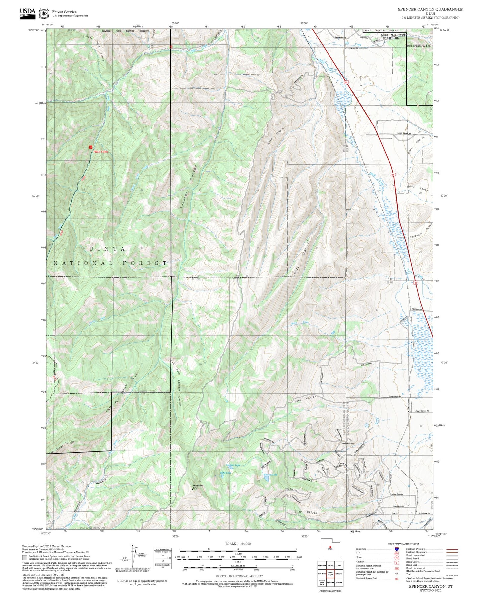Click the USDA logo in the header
click(x=28, y=13)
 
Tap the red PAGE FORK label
click(x=100, y=152)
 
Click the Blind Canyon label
click(x=306, y=512)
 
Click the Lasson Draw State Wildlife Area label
click(x=393, y=37)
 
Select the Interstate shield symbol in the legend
click(x=396, y=549)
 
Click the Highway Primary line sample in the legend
click(x=452, y=549)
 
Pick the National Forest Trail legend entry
click(x=368, y=578)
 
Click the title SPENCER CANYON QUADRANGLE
click(x=430, y=9)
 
